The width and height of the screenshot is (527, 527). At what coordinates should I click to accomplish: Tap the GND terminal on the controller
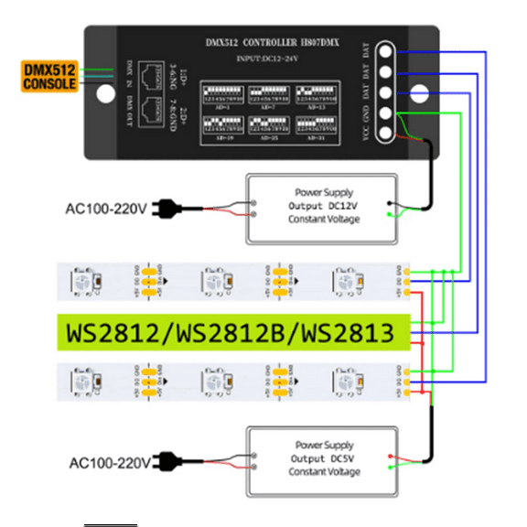(x=387, y=113)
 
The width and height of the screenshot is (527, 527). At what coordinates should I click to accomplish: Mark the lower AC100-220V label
(x=107, y=463)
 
